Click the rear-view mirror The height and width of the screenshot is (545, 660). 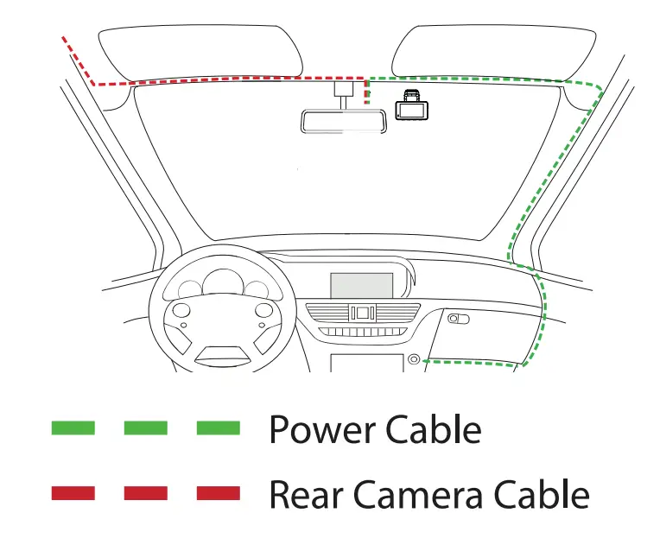(x=344, y=121)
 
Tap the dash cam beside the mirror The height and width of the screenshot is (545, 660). (x=411, y=108)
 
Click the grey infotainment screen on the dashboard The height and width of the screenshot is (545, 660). (x=362, y=285)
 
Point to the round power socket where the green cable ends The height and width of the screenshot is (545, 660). (x=415, y=359)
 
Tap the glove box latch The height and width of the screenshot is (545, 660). (x=459, y=320)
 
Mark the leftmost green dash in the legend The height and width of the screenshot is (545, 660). (x=73, y=428)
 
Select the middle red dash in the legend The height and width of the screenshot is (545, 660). (x=145, y=493)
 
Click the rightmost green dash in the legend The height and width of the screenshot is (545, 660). (x=218, y=428)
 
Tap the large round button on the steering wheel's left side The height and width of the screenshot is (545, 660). (x=181, y=310)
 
